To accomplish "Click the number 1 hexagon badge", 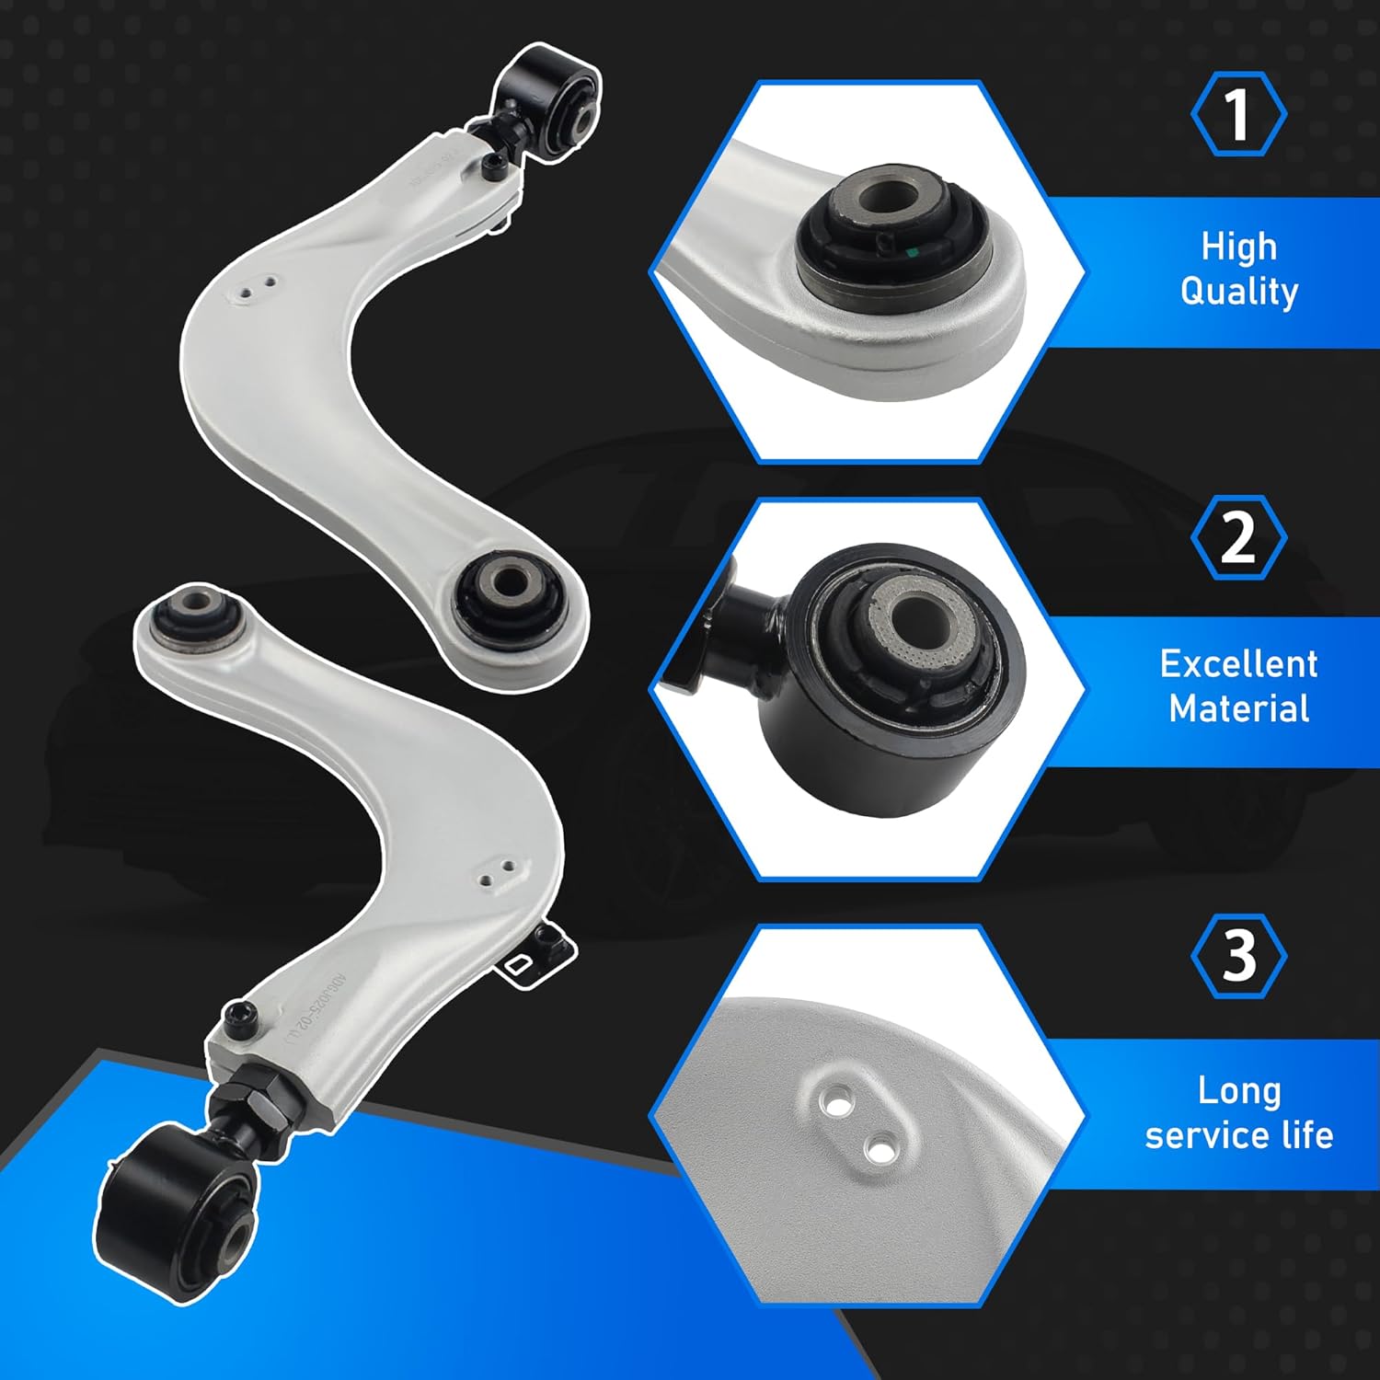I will click(x=1238, y=114).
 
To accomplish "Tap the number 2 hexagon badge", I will click(x=1238, y=537).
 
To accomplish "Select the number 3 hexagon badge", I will click(x=1238, y=956).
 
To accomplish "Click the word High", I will click(x=1238, y=247).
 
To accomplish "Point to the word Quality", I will click(x=1238, y=292).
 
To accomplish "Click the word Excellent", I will click(x=1238, y=663).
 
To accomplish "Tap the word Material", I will click(x=1238, y=708).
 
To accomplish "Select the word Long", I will click(x=1238, y=1090).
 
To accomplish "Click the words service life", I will click(x=1238, y=1135).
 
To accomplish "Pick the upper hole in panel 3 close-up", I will click(x=835, y=1101).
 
